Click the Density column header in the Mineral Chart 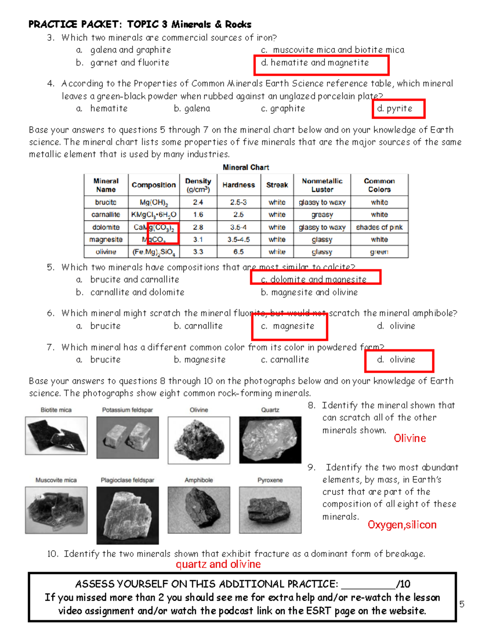(198, 185)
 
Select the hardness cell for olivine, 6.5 (238, 252)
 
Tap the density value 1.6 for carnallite (198, 214)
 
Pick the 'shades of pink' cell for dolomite (379, 227)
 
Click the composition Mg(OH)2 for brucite (154, 203)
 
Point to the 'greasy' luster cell (322, 214)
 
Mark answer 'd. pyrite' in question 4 (395, 108)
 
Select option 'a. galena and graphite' (124, 50)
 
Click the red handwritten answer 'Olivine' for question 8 (410, 438)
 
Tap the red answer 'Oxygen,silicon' (402, 525)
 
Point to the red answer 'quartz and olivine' (218, 564)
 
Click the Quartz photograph (270, 440)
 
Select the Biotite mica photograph (56, 435)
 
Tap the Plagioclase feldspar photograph (127, 515)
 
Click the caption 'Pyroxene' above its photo (270, 480)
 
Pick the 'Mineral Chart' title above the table (246, 167)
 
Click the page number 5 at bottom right (462, 604)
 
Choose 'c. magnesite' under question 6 (288, 326)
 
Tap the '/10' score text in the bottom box (403, 584)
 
